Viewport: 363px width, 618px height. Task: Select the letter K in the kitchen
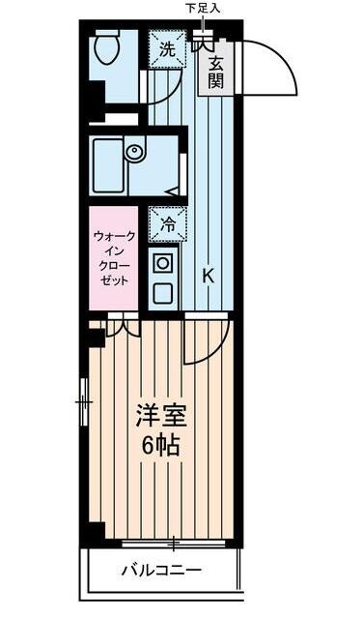coord(209,276)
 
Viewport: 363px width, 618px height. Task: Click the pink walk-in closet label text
coord(115,257)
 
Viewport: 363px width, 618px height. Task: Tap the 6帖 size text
coord(157,447)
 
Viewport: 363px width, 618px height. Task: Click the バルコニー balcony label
coord(161,570)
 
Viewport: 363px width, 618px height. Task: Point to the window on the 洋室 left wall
coord(85,397)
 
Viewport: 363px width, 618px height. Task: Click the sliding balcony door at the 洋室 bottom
coord(174,541)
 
